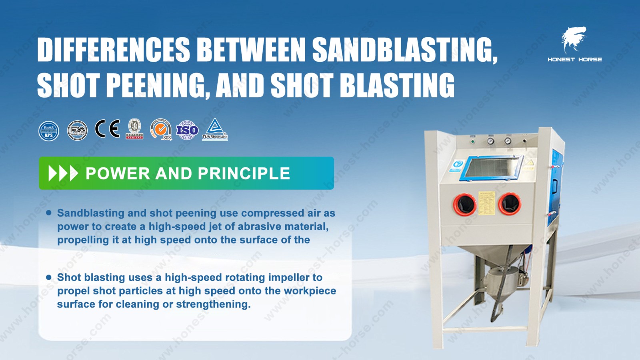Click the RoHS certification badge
49,131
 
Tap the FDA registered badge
77,130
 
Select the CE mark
107,129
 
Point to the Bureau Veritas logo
135,129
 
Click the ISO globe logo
187,130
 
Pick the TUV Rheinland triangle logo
215,129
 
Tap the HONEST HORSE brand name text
575,59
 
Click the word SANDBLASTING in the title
404,50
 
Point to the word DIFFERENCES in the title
114,50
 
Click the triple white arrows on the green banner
63,173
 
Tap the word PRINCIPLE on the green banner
244,174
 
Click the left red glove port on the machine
464,204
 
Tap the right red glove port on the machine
510,204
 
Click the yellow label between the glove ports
487,204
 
